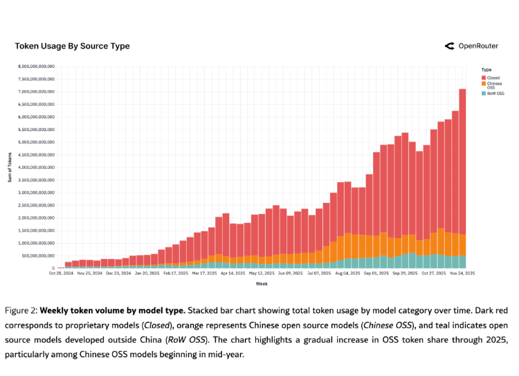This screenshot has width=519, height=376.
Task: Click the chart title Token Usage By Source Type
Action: [x=72, y=46]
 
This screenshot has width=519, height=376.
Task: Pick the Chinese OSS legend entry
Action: [x=495, y=84]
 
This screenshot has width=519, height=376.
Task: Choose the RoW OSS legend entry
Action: [x=495, y=93]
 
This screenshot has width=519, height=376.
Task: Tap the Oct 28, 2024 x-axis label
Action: [x=61, y=274]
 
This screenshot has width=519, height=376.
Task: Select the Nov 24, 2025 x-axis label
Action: [x=460, y=274]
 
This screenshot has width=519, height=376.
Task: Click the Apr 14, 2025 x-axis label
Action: [x=234, y=274]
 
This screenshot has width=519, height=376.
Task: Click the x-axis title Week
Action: [x=262, y=284]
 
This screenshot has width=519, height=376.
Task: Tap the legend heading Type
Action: [x=486, y=69]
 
